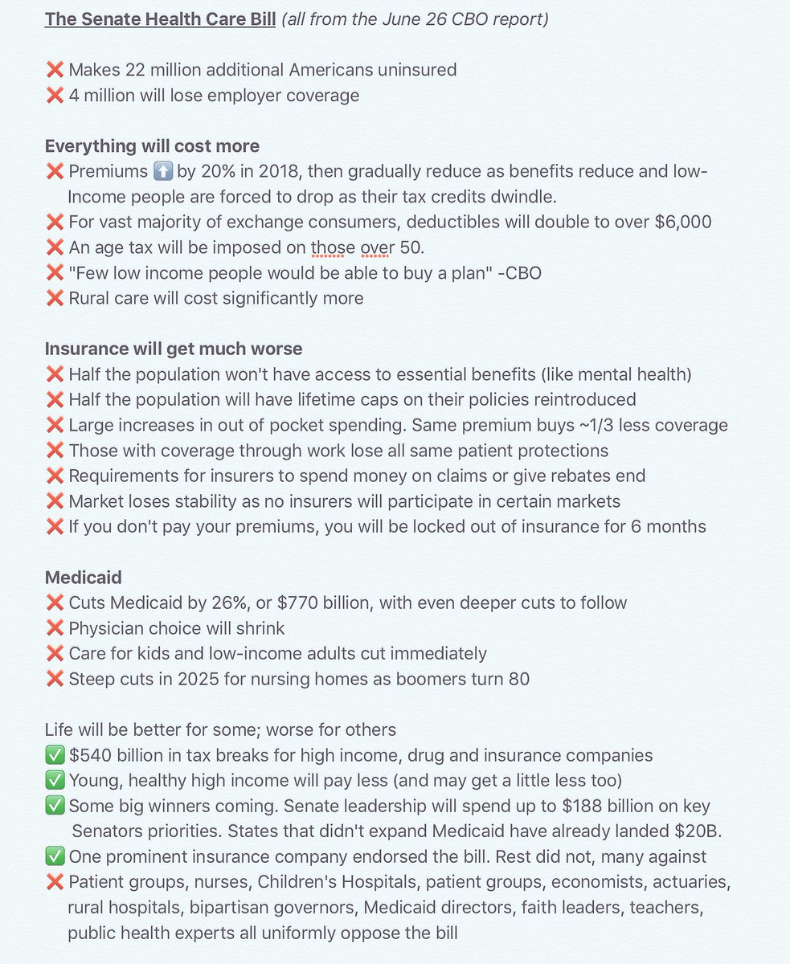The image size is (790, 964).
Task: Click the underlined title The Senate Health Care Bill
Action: click(x=160, y=18)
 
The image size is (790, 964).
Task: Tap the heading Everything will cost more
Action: click(x=152, y=146)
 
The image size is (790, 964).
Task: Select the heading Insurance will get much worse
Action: click(x=174, y=349)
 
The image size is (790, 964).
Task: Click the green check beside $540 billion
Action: click(x=55, y=755)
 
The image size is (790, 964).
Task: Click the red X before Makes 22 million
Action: click(x=55, y=70)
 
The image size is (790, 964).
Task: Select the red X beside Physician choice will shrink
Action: click(x=55, y=628)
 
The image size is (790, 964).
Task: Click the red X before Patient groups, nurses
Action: click(x=55, y=882)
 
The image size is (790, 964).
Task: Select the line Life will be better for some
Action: click(x=220, y=729)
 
